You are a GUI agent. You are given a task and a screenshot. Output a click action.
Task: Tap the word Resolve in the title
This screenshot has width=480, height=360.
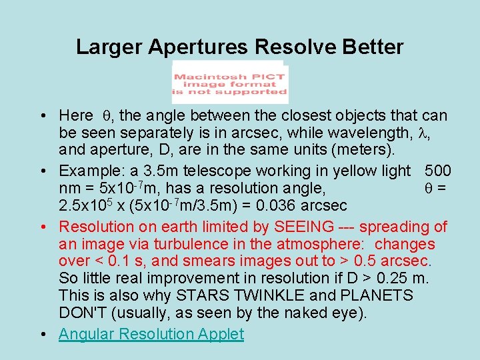[x=291, y=47]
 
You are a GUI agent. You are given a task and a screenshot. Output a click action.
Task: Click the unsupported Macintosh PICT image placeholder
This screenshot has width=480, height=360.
[x=230, y=83]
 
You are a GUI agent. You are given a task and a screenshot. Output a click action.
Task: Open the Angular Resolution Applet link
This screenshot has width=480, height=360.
[x=151, y=334]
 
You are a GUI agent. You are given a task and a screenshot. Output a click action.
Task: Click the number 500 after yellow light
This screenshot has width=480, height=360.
[x=437, y=171]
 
